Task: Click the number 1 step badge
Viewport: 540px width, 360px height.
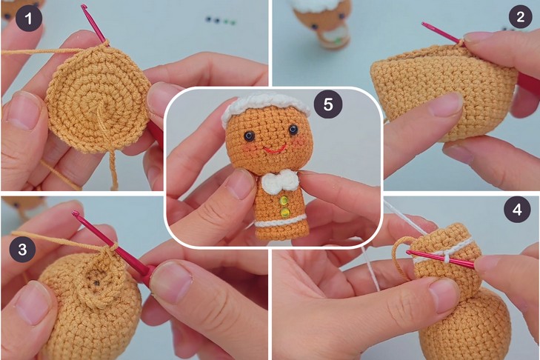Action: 29,19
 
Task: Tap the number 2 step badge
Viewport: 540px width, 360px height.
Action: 520,16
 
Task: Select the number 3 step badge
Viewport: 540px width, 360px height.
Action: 23,250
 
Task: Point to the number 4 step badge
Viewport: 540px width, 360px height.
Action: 517,209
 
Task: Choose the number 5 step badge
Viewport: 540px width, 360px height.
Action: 328,104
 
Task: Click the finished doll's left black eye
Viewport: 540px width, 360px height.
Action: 249,136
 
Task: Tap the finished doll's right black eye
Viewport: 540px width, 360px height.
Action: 293,130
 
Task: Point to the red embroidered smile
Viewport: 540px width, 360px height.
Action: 275,150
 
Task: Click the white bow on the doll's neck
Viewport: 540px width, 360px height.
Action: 279,182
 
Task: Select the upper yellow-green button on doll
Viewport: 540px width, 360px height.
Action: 284,201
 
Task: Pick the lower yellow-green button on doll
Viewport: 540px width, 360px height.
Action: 284,213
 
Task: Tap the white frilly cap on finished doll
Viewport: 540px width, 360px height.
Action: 266,105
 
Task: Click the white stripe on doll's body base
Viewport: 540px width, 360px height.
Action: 280,221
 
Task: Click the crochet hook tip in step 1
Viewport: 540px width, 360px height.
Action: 84,6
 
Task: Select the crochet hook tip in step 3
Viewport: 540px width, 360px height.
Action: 75,213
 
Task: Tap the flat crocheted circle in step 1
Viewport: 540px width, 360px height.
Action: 99,100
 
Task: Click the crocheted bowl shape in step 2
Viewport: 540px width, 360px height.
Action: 444,91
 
